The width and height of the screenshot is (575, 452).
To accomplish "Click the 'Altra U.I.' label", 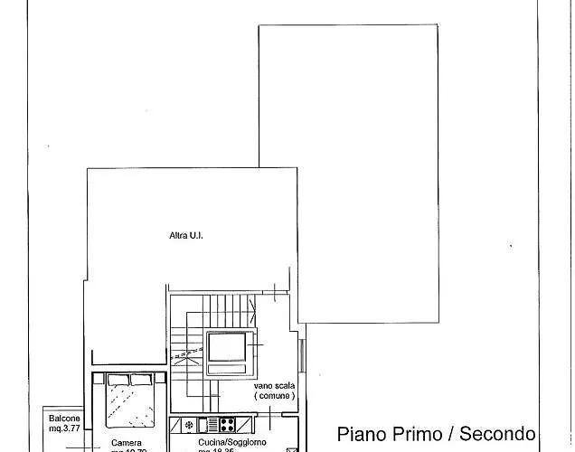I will click(x=186, y=236).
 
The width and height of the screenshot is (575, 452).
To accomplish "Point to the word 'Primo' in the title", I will click(x=417, y=434).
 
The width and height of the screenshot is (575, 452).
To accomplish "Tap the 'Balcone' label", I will click(x=64, y=419).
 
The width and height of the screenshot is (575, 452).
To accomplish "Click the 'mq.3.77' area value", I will click(x=64, y=430).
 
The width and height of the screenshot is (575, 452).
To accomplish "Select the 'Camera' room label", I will click(x=127, y=443).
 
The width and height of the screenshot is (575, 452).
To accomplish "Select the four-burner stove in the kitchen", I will click(x=226, y=424).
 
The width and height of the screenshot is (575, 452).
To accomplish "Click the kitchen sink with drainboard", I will click(x=206, y=424).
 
